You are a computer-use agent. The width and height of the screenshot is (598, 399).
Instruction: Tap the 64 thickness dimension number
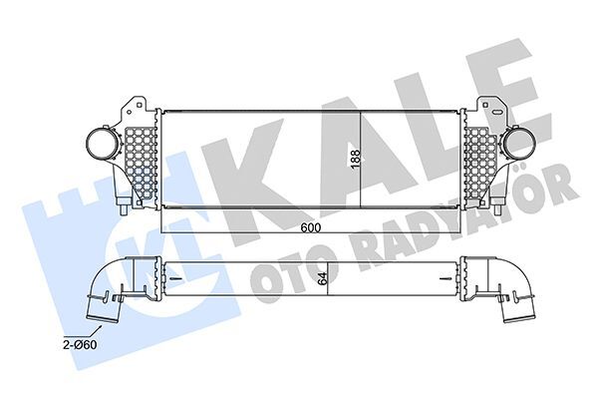[323, 278]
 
